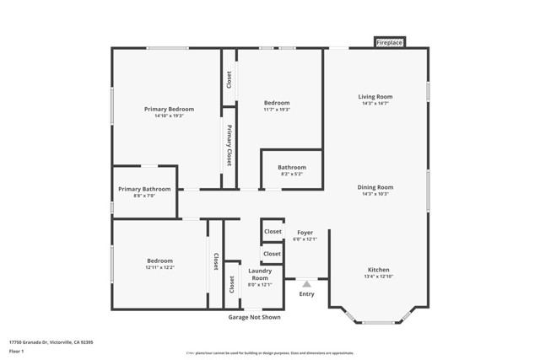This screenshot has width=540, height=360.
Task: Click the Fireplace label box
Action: [390, 42]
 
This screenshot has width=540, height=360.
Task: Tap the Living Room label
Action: [375, 97]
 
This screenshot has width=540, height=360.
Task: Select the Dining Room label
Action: [375, 187]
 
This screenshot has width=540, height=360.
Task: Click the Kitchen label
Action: [377, 270]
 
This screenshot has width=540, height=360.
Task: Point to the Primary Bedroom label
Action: [169, 109]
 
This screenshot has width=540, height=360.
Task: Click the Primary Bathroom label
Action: [144, 189]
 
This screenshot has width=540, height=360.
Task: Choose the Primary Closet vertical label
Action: [229, 144]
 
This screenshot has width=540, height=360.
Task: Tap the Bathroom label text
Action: [292, 167]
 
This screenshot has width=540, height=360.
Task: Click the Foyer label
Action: [305, 233]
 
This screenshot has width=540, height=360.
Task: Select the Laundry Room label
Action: [259, 274]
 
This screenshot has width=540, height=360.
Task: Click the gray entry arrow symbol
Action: [306, 285]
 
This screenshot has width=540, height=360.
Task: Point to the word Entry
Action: [306, 294]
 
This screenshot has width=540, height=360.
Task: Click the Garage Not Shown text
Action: [254, 317]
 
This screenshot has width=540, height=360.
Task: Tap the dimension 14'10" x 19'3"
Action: [169, 116]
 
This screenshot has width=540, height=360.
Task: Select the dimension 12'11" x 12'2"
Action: [160, 268]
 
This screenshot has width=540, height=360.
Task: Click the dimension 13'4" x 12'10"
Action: [377, 277]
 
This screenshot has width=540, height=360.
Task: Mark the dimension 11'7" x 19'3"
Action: [276, 110]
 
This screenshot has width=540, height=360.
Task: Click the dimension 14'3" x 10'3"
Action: [375, 194]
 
